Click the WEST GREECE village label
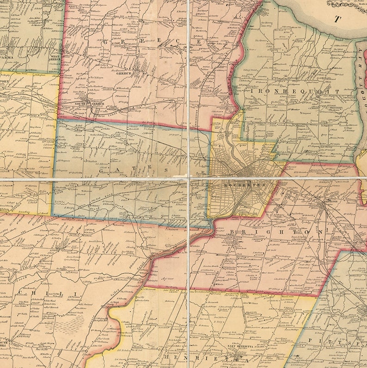pyautogui.click(x=55, y=57)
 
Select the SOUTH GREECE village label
pyautogui.click(x=82, y=104)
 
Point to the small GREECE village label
pyautogui.click(x=124, y=73)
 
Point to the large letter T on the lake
pyautogui.click(x=338, y=19)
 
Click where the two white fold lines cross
pyautogui.click(x=189, y=178)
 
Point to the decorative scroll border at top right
pyautogui.click(x=347, y=4)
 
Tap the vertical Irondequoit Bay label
pyautogui.click(x=361, y=74)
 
